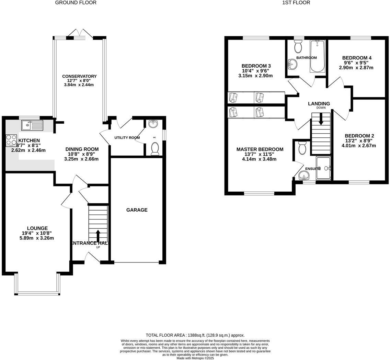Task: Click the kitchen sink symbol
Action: (x=32, y=125)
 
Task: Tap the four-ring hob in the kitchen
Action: (x=11, y=140)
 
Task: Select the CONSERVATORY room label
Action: (x=79, y=76)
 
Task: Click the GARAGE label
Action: (x=137, y=210)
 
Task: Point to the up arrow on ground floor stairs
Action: (x=98, y=236)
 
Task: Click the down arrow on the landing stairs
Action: (x=321, y=119)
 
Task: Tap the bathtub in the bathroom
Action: (x=317, y=56)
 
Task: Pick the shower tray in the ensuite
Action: (x=323, y=168)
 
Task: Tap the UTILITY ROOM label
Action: (x=127, y=138)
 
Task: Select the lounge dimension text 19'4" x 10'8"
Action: (x=37, y=233)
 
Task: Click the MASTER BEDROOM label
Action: (x=260, y=149)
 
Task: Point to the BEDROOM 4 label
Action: (x=357, y=58)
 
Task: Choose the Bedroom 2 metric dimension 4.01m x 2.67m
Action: (x=359, y=146)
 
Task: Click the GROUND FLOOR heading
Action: (x=76, y=3)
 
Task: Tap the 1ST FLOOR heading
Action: (x=296, y=3)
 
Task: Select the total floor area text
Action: (x=195, y=335)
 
